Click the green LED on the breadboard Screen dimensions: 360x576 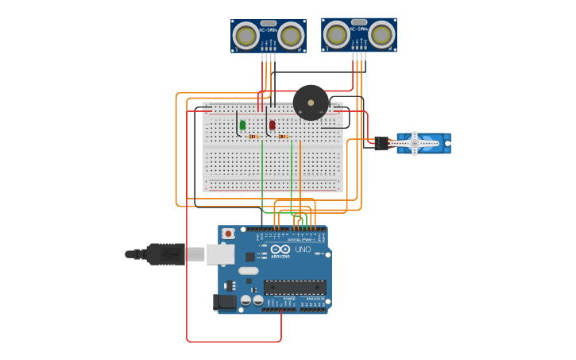[x=242, y=125]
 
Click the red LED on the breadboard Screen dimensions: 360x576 [x=272, y=125]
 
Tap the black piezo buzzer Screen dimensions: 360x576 [x=311, y=103]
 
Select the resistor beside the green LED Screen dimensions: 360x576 [x=253, y=137]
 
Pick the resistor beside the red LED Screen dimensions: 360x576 [x=283, y=137]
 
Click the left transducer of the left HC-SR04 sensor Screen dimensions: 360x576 [x=246, y=36]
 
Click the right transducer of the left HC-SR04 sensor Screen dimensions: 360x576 [x=291, y=36]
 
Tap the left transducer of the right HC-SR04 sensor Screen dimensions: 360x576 [x=337, y=34]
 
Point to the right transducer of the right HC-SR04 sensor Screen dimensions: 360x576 [x=381, y=34]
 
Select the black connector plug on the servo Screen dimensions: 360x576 [x=382, y=143]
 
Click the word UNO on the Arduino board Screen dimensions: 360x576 [x=303, y=249]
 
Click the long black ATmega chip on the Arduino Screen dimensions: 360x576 [x=295, y=287]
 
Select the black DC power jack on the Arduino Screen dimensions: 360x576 [x=225, y=302]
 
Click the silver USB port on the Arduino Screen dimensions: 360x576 [x=220, y=254]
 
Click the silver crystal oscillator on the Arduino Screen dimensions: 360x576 [x=249, y=270]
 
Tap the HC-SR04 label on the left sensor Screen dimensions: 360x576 [x=268, y=30]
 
